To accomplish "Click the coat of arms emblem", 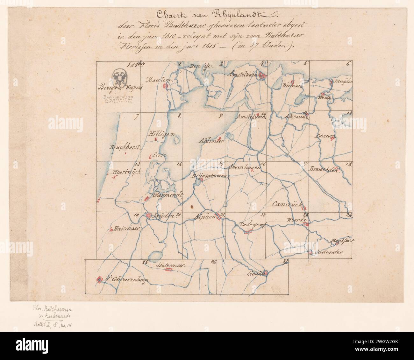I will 120,78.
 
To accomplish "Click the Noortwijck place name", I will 124,173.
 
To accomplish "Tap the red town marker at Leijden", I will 148,216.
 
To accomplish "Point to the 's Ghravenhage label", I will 127,279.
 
